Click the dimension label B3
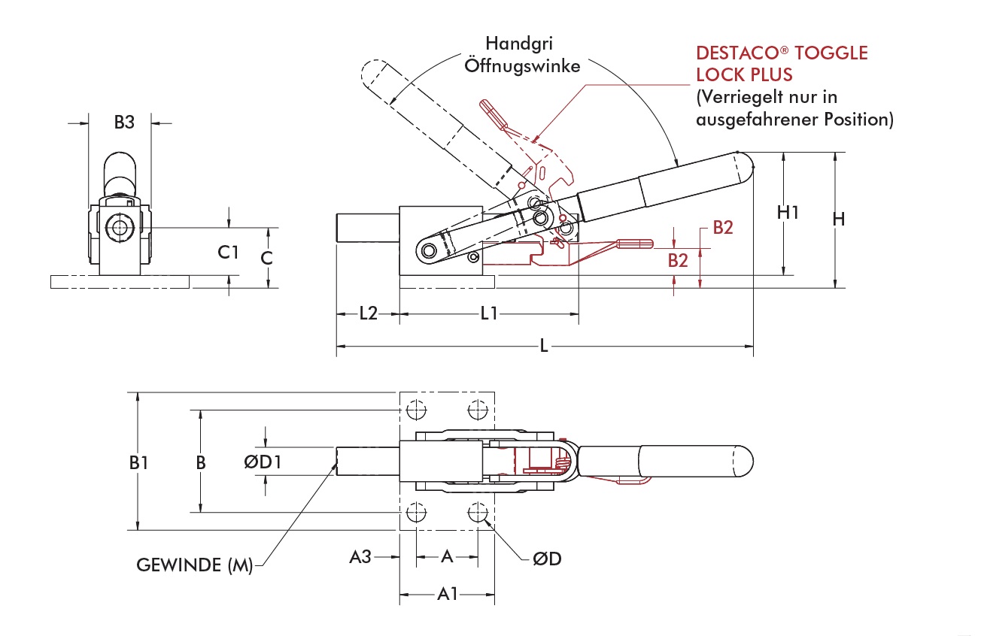coord(124,122)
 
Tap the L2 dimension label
coord(367,313)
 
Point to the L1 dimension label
coord(489,313)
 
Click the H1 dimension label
coord(788,213)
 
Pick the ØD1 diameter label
coord(263,462)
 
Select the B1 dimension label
coord(138,463)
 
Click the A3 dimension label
coord(360,557)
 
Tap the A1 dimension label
coord(448,595)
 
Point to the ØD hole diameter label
coord(547,559)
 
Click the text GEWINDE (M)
coord(194,565)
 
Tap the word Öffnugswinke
coord(522,65)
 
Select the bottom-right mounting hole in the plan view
coord(476,513)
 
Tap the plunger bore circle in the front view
coord(119,228)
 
